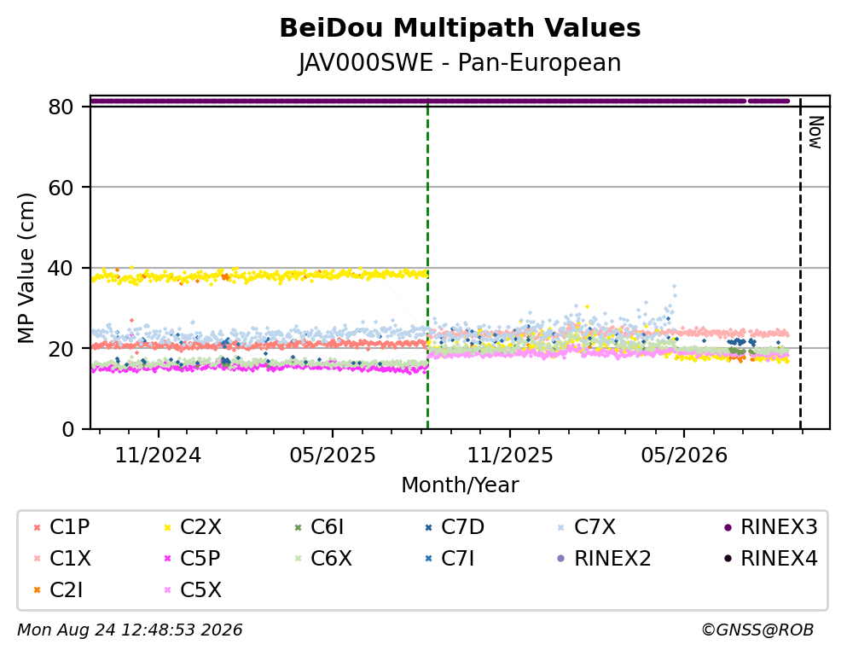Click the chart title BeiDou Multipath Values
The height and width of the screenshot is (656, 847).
pos(460,28)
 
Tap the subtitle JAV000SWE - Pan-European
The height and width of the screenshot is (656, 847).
pos(460,62)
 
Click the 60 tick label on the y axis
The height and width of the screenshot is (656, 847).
pos(61,188)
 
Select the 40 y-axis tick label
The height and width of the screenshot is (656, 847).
pos(61,268)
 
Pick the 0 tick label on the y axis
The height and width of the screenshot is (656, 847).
pos(68,430)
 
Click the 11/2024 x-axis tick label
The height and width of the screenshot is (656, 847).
pos(159,456)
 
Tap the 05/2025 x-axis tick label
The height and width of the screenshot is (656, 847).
pos(332,456)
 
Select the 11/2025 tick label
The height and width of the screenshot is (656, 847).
pos(510,456)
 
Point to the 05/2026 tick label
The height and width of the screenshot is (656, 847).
pos(684,456)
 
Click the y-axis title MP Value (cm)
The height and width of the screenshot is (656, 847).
pos(26,268)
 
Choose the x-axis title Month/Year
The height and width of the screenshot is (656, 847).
pos(460,485)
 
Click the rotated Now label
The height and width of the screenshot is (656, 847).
pos(815,132)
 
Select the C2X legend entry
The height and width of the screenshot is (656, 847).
pos(193,527)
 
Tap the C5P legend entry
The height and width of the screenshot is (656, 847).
pos(193,558)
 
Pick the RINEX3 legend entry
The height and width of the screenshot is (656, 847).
pos(771,527)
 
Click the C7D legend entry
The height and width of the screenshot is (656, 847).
pos(455,527)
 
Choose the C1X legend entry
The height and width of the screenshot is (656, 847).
pos(62,558)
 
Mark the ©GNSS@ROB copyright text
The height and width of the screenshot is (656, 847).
pos(757,630)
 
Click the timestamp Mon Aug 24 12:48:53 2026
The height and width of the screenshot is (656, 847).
pos(130,630)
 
